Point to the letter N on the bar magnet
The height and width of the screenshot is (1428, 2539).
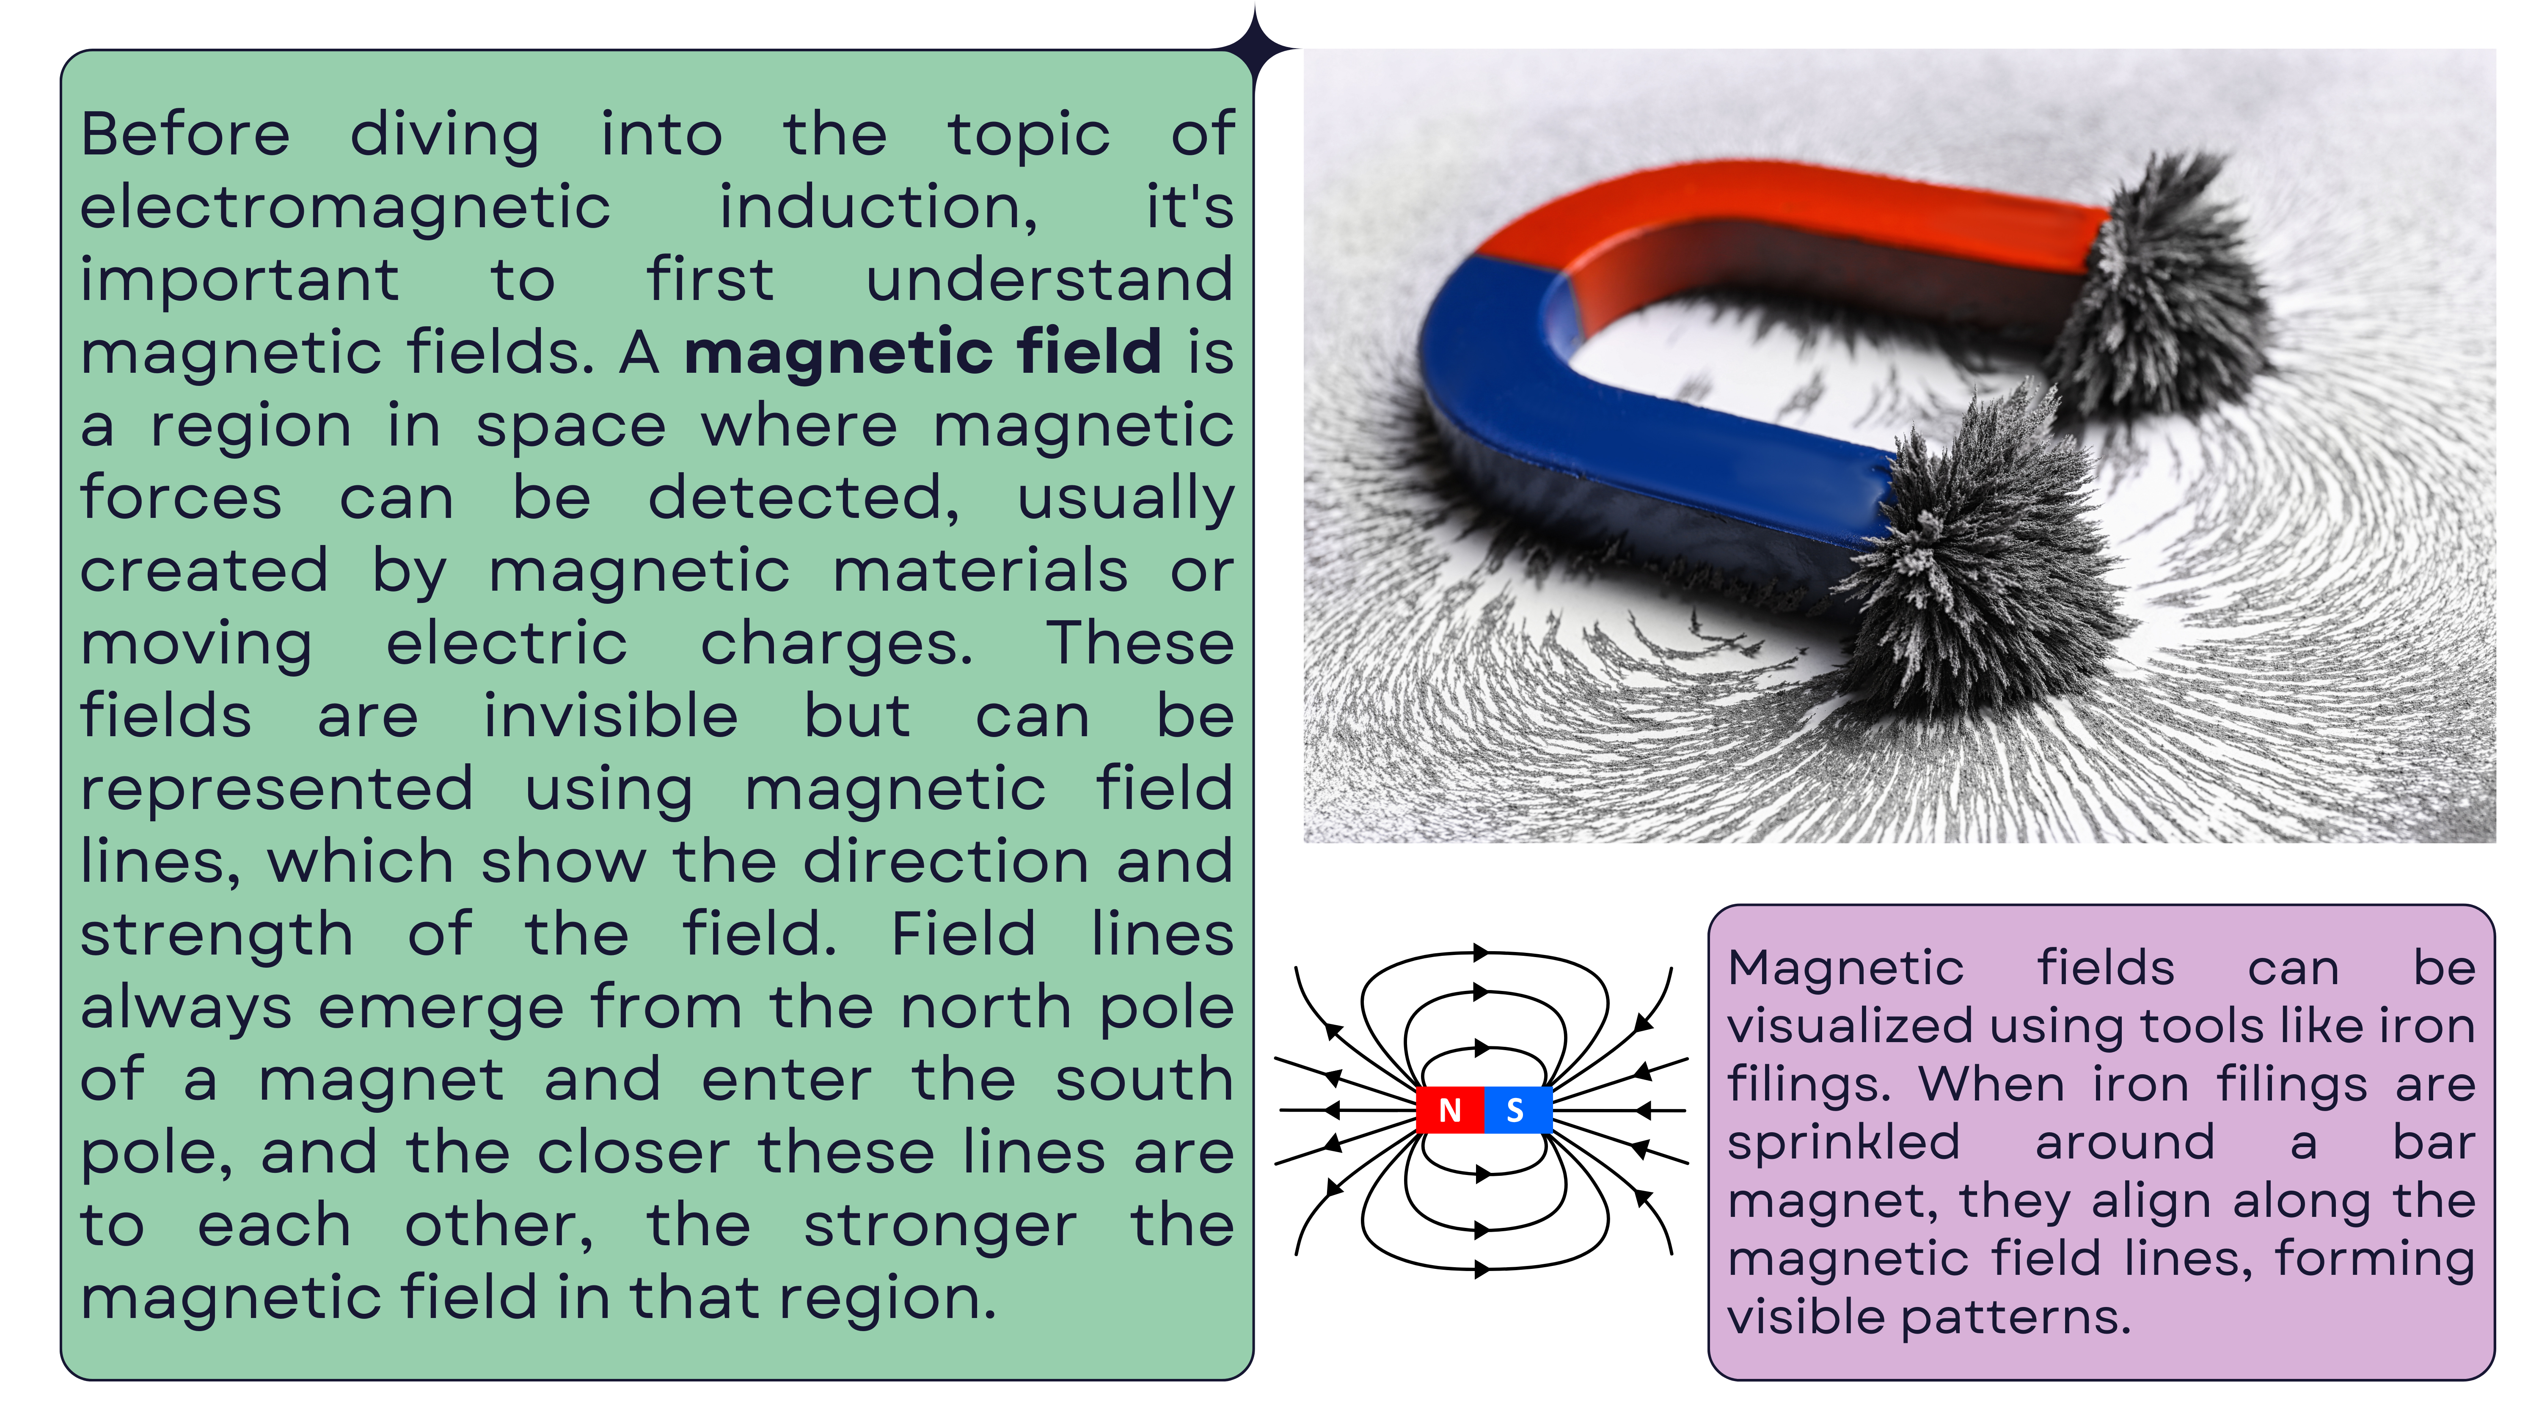tap(1449, 1111)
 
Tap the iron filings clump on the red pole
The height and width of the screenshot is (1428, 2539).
tap(2159, 286)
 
